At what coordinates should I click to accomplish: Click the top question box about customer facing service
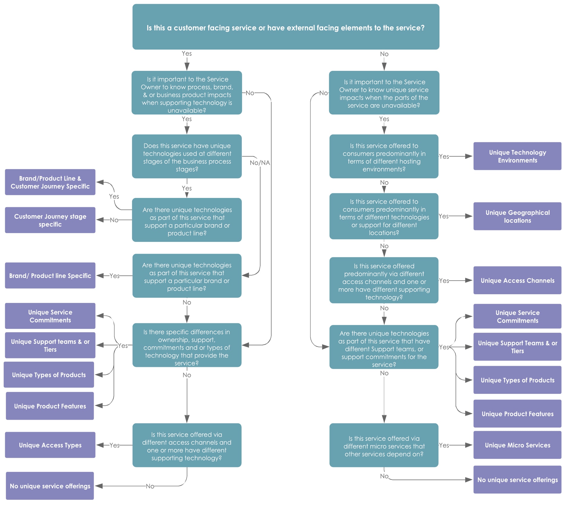(286, 27)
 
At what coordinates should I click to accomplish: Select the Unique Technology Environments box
(517, 156)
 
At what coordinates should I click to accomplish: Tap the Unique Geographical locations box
(517, 216)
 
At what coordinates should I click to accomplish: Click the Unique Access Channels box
(517, 280)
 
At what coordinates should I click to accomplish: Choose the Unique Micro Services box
(517, 445)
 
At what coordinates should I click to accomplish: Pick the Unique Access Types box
(50, 445)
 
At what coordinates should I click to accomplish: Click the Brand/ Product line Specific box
(50, 276)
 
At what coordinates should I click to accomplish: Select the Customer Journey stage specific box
(50, 220)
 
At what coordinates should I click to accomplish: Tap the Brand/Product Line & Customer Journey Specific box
(50, 182)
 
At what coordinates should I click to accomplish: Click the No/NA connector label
(260, 163)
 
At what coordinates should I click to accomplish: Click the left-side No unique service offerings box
(50, 486)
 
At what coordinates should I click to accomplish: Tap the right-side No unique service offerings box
(517, 480)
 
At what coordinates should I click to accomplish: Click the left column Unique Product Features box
(50, 406)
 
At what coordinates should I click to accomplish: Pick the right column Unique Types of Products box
(517, 380)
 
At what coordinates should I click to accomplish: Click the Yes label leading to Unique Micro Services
(444, 445)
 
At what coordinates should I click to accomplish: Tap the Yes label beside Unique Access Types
(114, 445)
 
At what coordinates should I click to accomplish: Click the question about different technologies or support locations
(384, 216)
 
